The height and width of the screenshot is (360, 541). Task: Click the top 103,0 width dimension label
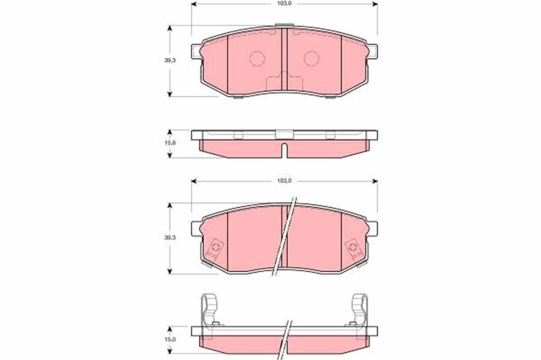tap(284, 4)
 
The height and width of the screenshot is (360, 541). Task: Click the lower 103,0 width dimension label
tap(284, 181)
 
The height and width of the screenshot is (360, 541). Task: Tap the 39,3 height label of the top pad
tap(170, 60)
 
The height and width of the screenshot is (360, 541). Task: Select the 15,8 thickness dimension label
tap(170, 143)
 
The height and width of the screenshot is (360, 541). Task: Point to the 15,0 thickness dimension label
tap(170, 339)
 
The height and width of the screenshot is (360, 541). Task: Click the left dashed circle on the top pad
tap(257, 58)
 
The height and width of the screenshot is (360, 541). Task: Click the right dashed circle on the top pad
tap(311, 58)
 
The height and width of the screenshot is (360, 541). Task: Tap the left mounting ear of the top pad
tap(196, 51)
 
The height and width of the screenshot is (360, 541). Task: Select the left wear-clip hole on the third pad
tap(216, 247)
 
